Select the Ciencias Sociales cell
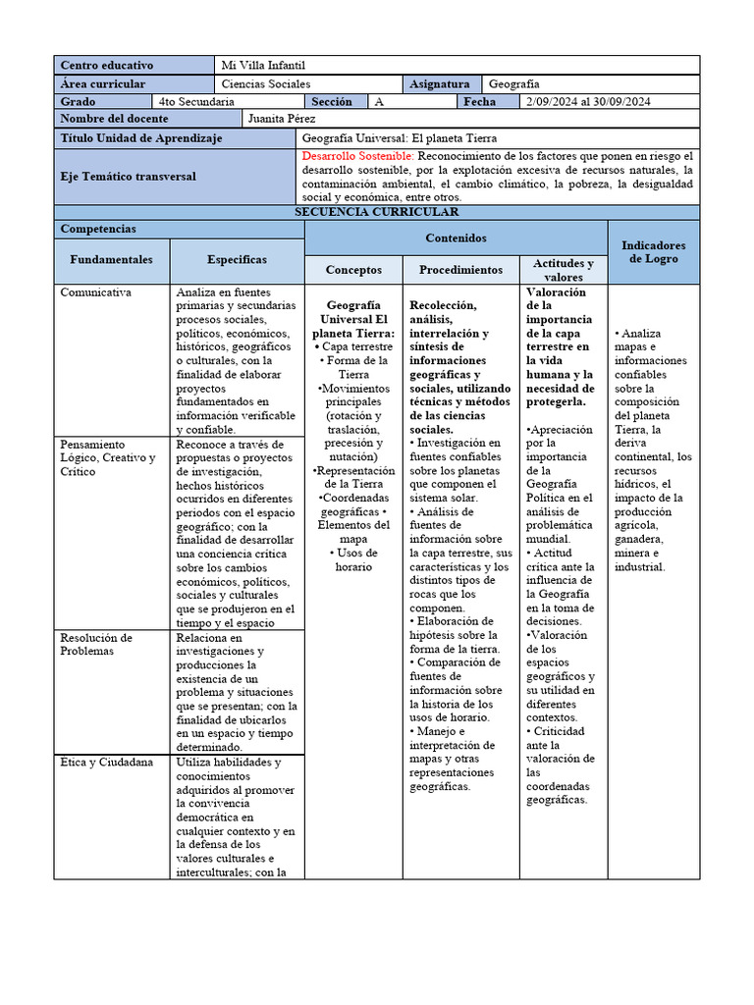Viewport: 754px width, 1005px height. pyautogui.click(x=265, y=84)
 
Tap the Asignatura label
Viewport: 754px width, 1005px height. pyautogui.click(x=442, y=84)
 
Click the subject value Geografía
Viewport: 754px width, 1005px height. pyautogui.click(x=513, y=84)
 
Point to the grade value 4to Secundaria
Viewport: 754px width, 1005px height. pyautogui.click(x=196, y=102)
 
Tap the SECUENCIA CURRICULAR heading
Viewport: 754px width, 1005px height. pyautogui.click(x=376, y=212)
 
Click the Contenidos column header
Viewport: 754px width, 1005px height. pyautogui.click(x=456, y=238)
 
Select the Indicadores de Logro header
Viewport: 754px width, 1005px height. pyautogui.click(x=654, y=252)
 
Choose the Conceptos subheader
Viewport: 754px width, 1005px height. pyautogui.click(x=353, y=270)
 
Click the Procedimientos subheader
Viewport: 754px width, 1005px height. pyautogui.click(x=460, y=270)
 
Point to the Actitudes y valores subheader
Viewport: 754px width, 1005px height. pyautogui.click(x=563, y=270)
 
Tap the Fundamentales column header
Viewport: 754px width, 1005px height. pyautogui.click(x=111, y=260)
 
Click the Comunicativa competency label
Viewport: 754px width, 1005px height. pyautogui.click(x=96, y=292)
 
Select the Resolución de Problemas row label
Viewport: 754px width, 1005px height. pyautogui.click(x=96, y=644)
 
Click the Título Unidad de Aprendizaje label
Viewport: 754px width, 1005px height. pyautogui.click(x=141, y=138)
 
